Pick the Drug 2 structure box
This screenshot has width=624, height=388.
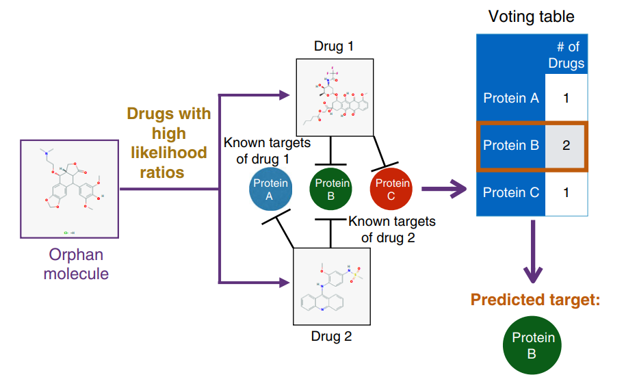tap(331, 286)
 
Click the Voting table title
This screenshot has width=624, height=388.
tap(531, 16)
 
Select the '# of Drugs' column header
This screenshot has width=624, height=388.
tap(566, 55)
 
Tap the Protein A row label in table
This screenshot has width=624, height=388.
tap(510, 98)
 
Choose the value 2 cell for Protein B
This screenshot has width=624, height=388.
tap(566, 146)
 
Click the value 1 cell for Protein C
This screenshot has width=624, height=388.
tap(566, 192)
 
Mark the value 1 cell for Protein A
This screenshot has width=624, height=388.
tap(566, 98)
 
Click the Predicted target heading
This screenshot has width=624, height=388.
tap(534, 300)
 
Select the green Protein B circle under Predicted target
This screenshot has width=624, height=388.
tap(532, 345)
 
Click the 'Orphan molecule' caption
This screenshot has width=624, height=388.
tap(75, 264)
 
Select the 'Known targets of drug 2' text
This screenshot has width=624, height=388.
tap(391, 230)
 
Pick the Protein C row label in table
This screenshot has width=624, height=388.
tap(510, 192)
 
